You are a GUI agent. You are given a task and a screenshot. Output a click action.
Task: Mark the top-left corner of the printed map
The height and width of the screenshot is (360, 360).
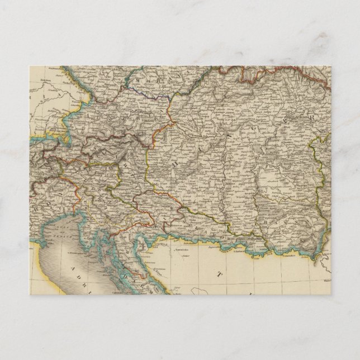pyautogui.click(x=29, y=66)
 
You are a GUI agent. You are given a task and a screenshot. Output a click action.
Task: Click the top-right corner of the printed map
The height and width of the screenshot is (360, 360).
pyautogui.click(x=330, y=66)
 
